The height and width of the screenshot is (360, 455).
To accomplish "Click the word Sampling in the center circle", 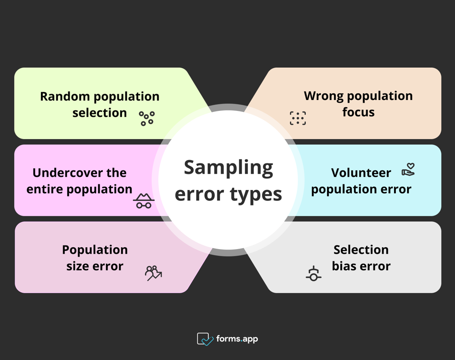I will (228, 168).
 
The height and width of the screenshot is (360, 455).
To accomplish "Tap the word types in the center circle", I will (256, 195).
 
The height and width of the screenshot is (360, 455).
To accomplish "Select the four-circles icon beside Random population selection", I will (147, 118).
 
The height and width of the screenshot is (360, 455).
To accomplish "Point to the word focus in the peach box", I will (359, 112).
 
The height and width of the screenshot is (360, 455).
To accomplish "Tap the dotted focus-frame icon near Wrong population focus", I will (298, 118).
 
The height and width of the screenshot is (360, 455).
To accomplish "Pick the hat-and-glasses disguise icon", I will (144, 201).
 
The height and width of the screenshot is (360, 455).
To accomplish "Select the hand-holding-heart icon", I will (408, 170).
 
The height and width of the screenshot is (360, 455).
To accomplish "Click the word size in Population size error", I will (76, 266).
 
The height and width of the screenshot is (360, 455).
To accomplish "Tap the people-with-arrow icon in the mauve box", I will (153, 273).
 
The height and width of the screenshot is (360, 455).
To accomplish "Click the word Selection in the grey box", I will (361, 250).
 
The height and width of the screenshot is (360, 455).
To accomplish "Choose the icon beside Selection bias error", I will (313, 274).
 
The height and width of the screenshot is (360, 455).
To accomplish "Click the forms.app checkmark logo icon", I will (205, 339).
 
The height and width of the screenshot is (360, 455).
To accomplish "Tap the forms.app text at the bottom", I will (237, 339).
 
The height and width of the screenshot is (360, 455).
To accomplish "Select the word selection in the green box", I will (100, 113).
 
